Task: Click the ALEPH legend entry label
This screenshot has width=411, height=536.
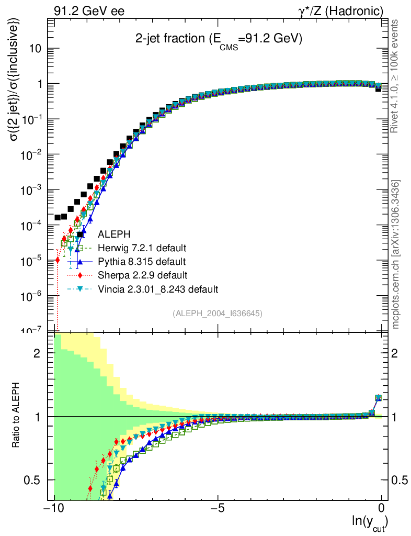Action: (114, 234)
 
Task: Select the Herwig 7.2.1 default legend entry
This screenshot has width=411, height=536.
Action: (142, 248)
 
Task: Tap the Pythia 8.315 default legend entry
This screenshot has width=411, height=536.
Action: (142, 261)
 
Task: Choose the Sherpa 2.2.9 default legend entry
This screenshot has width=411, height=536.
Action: (143, 275)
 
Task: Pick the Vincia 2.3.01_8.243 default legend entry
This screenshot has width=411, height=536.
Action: (157, 288)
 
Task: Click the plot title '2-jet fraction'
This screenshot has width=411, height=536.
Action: (219, 39)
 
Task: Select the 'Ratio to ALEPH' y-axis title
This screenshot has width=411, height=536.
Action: (17, 417)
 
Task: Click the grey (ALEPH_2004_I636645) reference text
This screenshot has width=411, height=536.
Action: (217, 313)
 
